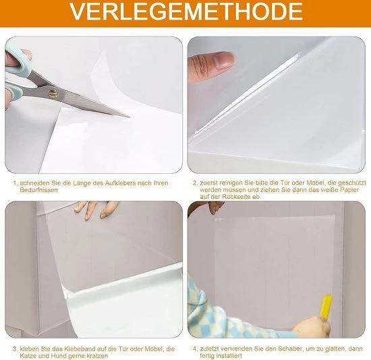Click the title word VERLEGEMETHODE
pyautogui.click(x=186, y=11)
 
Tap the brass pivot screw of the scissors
pyautogui.click(x=53, y=94)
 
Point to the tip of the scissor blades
pyautogui.click(x=129, y=117)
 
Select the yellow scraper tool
pyautogui.click(x=326, y=307)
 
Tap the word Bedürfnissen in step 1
pyautogui.click(x=39, y=190)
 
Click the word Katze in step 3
pyautogui.click(x=28, y=356)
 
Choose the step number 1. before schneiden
pyautogui.click(x=16, y=183)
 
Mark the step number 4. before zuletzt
pyautogui.click(x=195, y=349)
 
